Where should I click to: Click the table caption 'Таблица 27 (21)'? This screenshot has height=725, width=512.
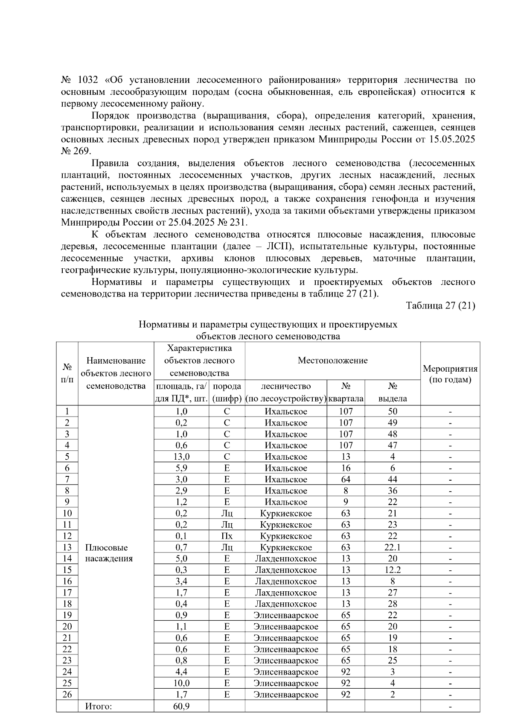[x=440, y=306]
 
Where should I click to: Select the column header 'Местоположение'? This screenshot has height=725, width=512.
[x=332, y=361]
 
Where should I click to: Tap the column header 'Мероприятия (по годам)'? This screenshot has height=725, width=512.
[x=450, y=374]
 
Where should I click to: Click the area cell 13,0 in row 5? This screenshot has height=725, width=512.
[x=181, y=457]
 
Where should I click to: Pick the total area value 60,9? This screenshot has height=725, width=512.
[x=181, y=706]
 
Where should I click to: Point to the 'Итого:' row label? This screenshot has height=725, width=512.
[x=98, y=706]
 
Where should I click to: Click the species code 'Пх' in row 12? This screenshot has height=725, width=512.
[x=227, y=536]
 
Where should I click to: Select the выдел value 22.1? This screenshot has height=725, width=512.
[x=392, y=547]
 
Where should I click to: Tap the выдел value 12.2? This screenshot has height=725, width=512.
[x=392, y=570]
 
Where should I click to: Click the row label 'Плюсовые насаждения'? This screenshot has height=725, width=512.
[x=108, y=553]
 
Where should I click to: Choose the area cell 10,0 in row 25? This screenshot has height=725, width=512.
[x=181, y=683]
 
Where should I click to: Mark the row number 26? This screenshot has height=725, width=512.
[x=67, y=695]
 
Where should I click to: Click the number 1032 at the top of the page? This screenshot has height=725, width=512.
[x=89, y=80]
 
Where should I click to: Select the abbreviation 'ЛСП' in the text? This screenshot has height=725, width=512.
[x=277, y=247]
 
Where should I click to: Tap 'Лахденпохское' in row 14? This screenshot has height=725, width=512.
[x=285, y=559]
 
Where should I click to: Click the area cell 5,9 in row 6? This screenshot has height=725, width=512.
[x=181, y=468]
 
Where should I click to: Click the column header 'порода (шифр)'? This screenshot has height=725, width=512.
[x=227, y=392]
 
